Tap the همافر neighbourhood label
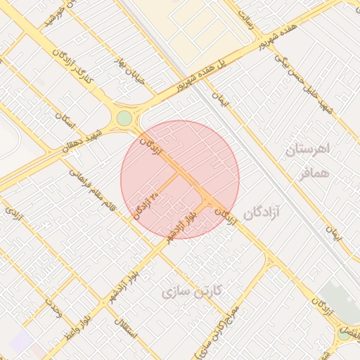[x=312, y=173]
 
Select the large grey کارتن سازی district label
[x=192, y=291]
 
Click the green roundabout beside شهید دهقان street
[x=124, y=118]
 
